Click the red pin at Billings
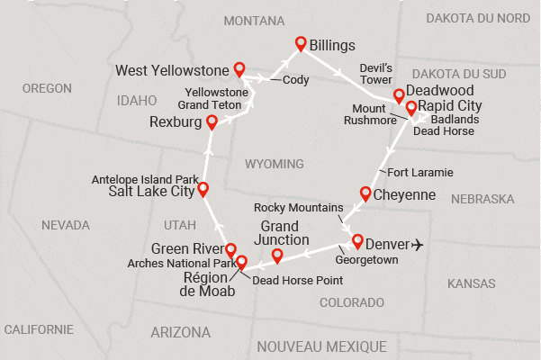(x=302, y=42)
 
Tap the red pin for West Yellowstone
(x=239, y=68)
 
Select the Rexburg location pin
(x=212, y=121)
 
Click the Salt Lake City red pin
(x=203, y=188)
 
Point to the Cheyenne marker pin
(x=365, y=193)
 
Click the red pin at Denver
(x=357, y=240)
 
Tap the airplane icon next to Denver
(x=418, y=244)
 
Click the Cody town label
(x=295, y=80)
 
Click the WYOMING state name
(x=275, y=163)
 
